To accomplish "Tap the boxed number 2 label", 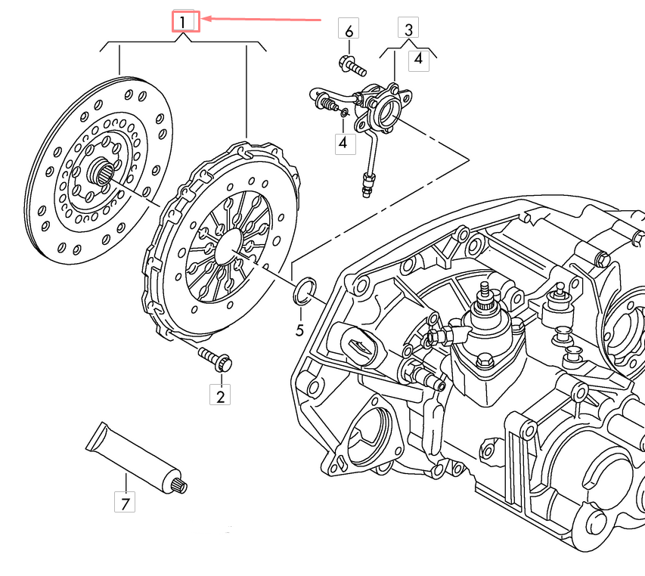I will (221, 395).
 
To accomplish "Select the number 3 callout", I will (408, 30).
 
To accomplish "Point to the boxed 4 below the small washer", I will (345, 142).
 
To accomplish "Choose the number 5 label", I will (299, 330).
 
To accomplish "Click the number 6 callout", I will (349, 31).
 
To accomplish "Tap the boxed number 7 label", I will (126, 500).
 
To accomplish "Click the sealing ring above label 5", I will (303, 290).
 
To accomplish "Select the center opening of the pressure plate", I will (227, 245).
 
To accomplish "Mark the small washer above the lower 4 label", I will (345, 113).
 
